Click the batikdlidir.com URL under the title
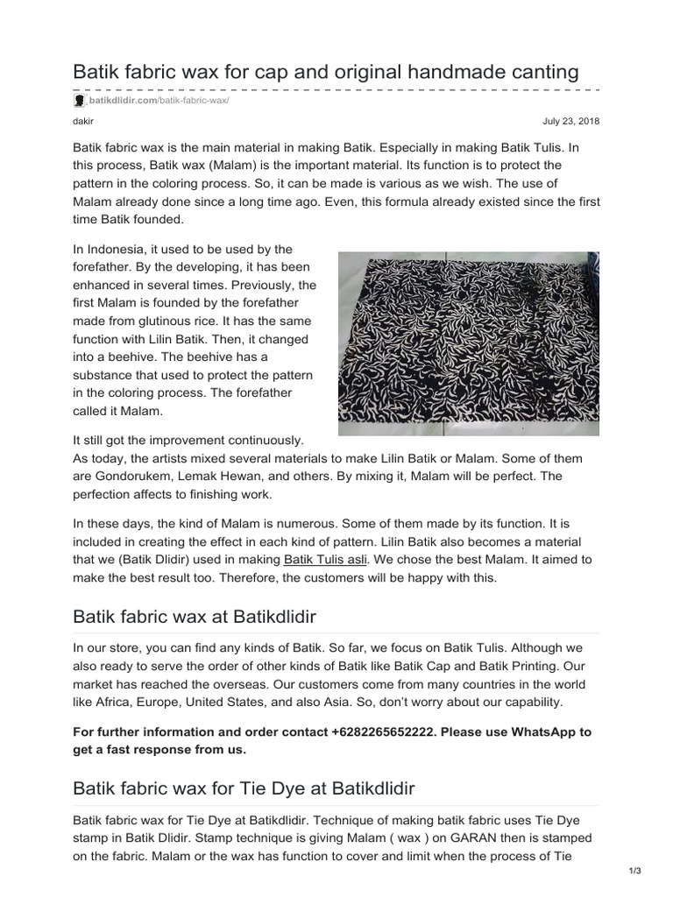click(157, 102)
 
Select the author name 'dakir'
click(81, 122)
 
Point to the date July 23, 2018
click(572, 122)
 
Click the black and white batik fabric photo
click(469, 343)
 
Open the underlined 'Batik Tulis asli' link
click(324, 559)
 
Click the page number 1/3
click(635, 870)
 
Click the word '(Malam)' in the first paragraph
click(244, 166)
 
